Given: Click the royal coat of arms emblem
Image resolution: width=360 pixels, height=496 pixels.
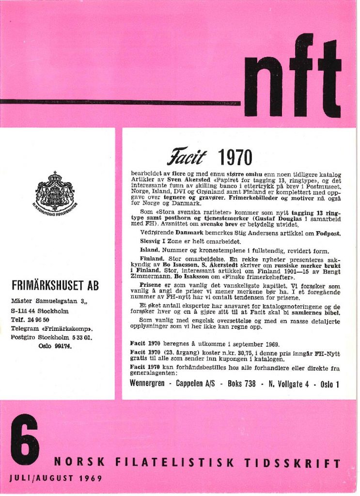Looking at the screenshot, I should coord(55,193).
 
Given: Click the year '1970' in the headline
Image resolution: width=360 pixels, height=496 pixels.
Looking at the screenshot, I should coord(235,158).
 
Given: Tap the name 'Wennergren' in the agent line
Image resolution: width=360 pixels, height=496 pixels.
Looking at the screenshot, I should coord(150,384).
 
